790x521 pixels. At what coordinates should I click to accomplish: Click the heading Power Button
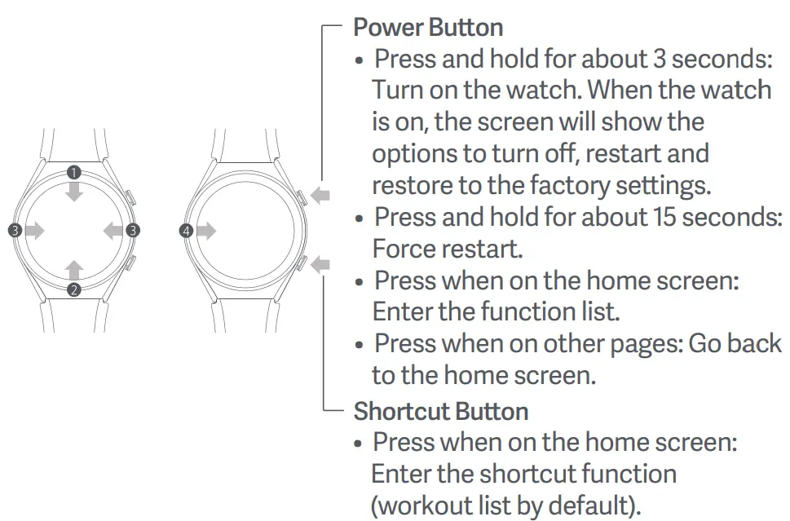pos(427,27)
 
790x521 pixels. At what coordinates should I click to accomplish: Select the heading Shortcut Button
pos(440,411)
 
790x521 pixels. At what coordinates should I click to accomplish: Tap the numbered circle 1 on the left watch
pos(74,172)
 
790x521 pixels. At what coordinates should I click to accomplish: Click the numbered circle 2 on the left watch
pos(74,289)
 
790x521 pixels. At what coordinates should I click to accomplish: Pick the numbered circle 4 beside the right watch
pos(187,231)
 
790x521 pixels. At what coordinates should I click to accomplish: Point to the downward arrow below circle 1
pos(74,191)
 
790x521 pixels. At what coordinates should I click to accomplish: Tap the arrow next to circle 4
pos(206,231)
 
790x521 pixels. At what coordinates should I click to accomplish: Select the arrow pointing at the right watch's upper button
pos(321,195)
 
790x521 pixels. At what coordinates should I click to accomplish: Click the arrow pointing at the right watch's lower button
pos(321,263)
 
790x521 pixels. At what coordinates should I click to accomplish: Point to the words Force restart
pos(447,247)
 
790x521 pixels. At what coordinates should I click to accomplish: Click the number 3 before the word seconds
pos(660,59)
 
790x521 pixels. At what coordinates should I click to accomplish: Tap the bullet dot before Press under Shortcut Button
pos(359,444)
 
